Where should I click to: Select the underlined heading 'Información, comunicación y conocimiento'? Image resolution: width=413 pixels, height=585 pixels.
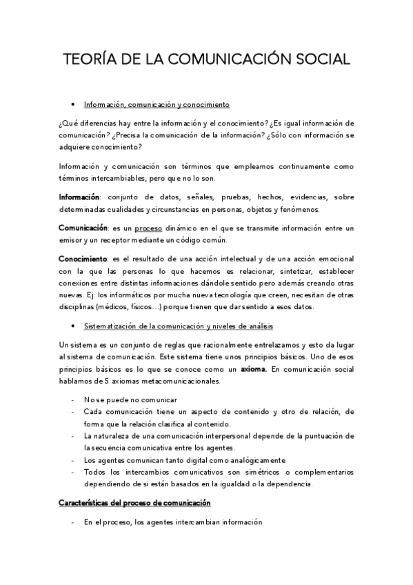[x=156, y=105]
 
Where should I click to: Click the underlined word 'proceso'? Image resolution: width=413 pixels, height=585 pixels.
[x=148, y=228]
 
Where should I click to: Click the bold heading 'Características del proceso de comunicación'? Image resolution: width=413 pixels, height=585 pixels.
[x=134, y=503]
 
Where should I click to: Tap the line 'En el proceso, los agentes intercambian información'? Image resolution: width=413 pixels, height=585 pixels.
[x=173, y=523]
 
